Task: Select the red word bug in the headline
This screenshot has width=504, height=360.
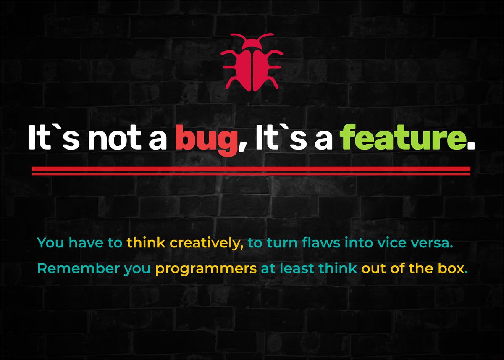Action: [206, 139]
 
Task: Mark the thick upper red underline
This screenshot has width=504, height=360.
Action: [251, 169]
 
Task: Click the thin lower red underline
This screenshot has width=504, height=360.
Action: [251, 174]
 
